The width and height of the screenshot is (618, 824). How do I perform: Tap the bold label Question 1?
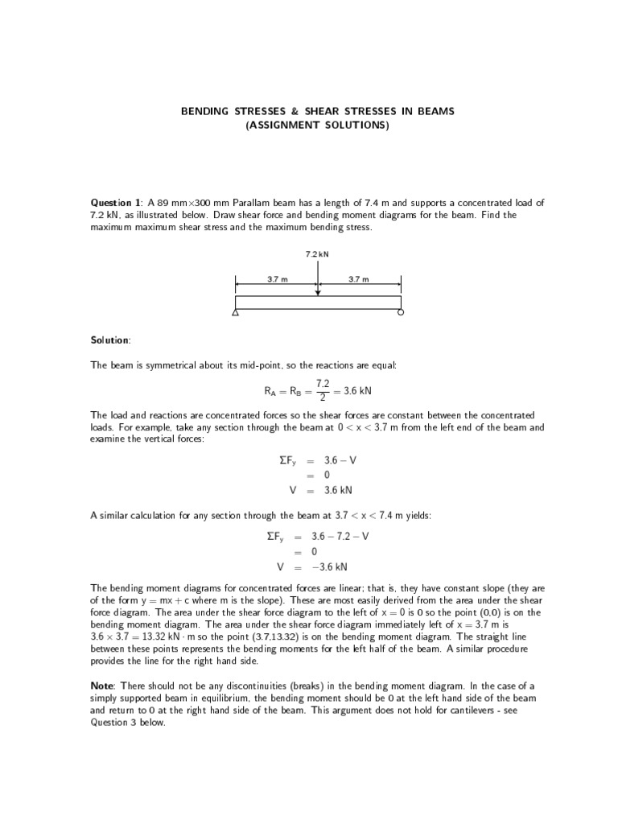[116, 202]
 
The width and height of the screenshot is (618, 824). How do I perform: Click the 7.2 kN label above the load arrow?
[317, 253]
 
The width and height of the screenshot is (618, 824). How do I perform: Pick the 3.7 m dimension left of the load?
[278, 279]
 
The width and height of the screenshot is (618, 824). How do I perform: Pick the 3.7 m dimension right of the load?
[358, 279]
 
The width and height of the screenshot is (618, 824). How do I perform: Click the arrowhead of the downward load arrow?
[318, 292]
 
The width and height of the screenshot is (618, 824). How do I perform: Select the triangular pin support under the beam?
[235, 313]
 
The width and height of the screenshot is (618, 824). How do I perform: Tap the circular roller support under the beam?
[401, 313]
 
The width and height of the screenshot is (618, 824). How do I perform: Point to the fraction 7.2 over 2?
[323, 390]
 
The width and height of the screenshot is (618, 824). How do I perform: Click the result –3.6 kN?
[342, 566]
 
